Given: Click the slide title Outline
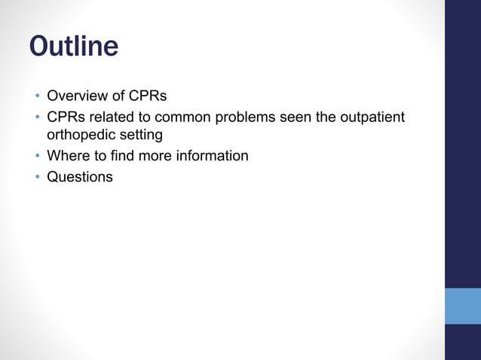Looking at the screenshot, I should pos(73,47).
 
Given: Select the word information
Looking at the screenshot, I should pos(210,157).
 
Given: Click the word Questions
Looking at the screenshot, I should pos(79,177).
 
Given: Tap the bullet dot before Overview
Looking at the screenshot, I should pos(35,97).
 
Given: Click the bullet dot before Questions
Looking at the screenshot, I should pos(35,178).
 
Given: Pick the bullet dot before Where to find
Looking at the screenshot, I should pos(35,157).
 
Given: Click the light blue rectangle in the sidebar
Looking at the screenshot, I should pos(462,306).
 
